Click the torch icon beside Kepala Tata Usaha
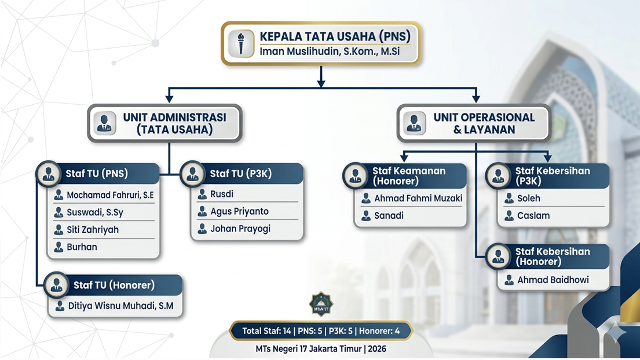click(241, 43)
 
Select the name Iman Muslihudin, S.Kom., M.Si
click(330, 51)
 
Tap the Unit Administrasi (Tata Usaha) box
click(165, 123)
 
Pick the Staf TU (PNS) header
click(97, 174)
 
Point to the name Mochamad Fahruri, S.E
click(109, 195)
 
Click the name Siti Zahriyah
click(92, 230)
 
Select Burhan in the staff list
click(82, 247)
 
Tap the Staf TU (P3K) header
click(241, 174)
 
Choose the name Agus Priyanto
click(239, 211)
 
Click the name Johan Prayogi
click(240, 229)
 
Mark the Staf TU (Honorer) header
click(114, 285)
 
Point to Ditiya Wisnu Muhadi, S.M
click(120, 306)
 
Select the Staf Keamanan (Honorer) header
click(409, 175)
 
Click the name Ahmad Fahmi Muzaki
click(418, 199)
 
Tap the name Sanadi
click(389, 216)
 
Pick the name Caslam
click(533, 216)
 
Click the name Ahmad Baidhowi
click(553, 280)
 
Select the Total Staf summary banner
click(321, 331)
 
